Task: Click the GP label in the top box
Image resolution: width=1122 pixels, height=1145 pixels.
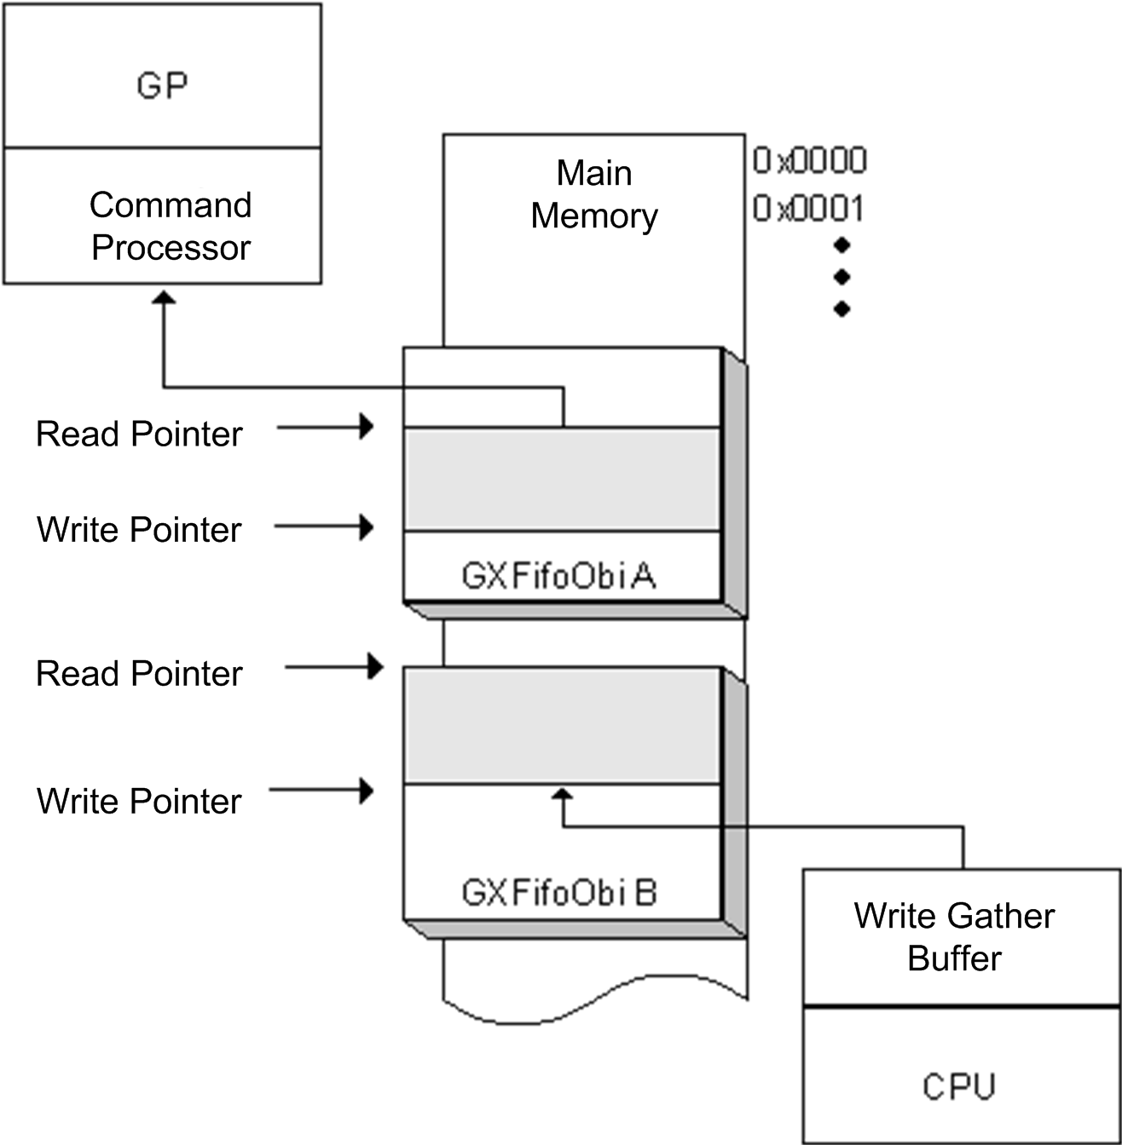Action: click(x=162, y=85)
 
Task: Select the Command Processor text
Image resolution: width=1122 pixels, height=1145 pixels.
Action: click(x=171, y=226)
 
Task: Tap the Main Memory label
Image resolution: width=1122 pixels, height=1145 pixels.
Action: click(x=594, y=194)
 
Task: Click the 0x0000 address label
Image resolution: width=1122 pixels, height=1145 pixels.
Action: click(x=809, y=160)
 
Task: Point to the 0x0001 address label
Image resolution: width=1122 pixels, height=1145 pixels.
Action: click(x=808, y=209)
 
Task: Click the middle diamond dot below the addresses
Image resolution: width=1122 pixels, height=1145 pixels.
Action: click(x=842, y=277)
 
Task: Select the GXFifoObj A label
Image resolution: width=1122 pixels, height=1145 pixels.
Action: click(x=558, y=577)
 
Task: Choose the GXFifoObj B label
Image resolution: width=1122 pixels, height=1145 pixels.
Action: click(x=559, y=893)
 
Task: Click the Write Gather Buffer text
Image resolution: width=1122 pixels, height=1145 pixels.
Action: click(x=954, y=937)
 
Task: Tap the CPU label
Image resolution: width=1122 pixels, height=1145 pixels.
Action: click(x=959, y=1086)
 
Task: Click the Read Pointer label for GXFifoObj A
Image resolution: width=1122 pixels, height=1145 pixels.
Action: click(x=139, y=434)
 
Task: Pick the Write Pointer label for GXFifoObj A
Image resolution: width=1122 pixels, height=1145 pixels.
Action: click(x=139, y=529)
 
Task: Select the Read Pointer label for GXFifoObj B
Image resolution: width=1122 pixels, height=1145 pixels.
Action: click(x=139, y=673)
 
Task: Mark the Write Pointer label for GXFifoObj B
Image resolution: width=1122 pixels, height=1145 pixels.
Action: click(x=139, y=801)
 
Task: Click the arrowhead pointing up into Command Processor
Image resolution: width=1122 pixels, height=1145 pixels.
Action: click(x=163, y=297)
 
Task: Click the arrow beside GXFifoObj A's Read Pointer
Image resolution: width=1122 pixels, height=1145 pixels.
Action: click(x=326, y=426)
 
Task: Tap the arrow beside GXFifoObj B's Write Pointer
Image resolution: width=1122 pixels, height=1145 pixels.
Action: click(x=322, y=791)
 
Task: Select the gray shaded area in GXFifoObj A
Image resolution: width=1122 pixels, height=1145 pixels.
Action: click(x=562, y=479)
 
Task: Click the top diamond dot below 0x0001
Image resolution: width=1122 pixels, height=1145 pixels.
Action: click(x=842, y=245)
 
